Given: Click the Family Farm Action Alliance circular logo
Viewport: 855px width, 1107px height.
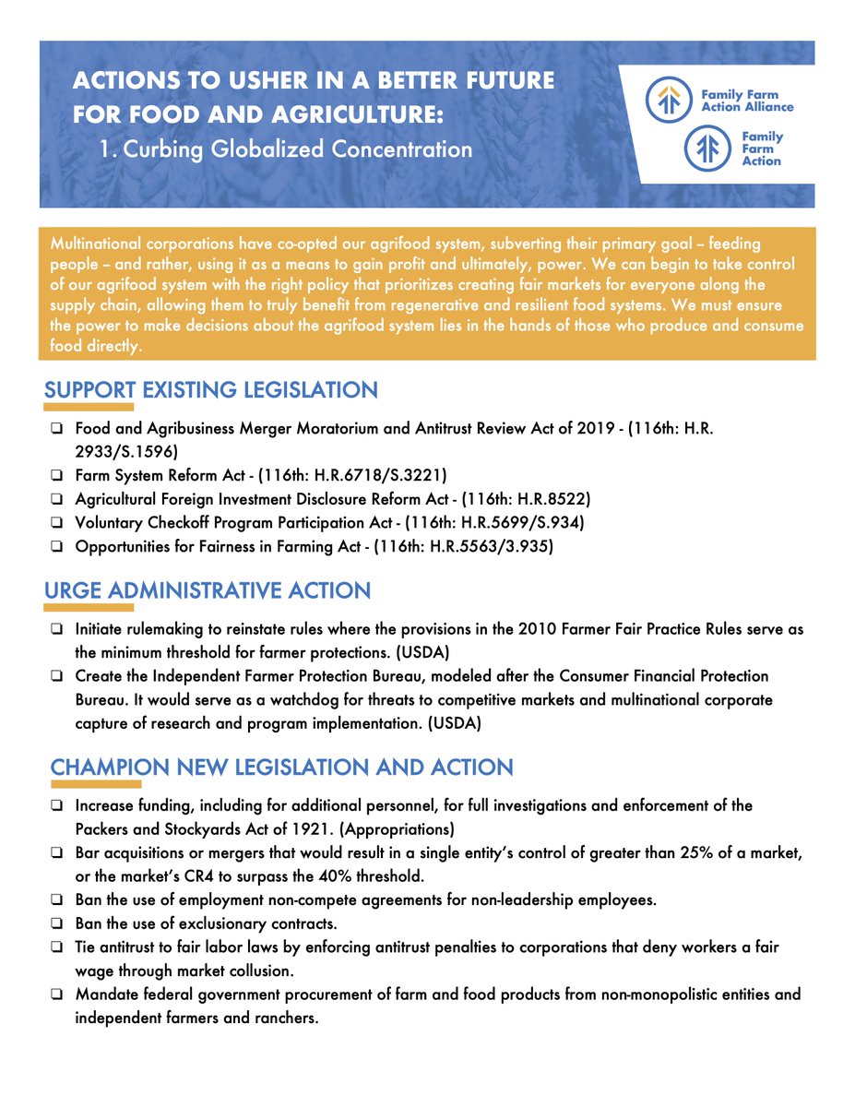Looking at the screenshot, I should (668, 100).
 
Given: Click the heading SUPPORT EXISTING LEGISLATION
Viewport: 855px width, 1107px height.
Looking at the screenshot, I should (211, 390).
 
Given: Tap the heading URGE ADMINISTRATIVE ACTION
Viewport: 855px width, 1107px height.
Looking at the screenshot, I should (208, 590).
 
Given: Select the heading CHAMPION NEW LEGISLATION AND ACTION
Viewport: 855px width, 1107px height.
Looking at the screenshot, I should (281, 768).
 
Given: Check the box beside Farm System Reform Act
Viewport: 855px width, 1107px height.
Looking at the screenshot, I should (57, 476).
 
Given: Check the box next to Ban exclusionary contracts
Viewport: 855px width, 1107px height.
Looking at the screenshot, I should (57, 922).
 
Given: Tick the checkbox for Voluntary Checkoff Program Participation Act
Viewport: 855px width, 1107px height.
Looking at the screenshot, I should (57, 522).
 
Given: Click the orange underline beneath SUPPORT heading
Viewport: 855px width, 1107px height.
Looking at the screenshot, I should (89, 408).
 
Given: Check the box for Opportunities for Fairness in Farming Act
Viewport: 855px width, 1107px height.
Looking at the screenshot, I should (57, 546).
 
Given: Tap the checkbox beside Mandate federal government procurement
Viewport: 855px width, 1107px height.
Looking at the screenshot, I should (57, 994).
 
